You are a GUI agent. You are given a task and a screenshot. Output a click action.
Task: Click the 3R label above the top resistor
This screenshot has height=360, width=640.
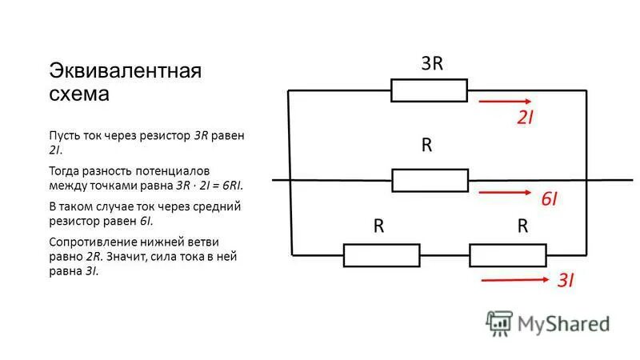pos(432,64)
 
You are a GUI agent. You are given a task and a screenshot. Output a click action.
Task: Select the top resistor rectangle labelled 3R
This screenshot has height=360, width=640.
pos(429,90)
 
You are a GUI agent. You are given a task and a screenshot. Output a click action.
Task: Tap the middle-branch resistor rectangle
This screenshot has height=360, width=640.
pos(430,180)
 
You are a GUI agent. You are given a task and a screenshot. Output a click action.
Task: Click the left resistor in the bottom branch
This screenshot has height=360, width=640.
pos(382,255)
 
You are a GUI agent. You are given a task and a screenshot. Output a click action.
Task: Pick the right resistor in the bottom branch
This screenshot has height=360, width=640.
pos(508,255)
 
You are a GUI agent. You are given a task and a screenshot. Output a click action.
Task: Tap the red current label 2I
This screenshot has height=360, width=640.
pos(525,118)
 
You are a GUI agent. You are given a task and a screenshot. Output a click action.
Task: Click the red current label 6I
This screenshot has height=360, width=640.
pos(549,199)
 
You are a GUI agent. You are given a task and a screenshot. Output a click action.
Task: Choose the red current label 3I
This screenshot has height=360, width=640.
pos(566,280)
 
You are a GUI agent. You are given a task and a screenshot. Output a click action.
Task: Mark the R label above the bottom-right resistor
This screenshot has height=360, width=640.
pos(522,226)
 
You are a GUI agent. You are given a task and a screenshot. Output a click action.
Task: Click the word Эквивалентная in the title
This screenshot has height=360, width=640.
pos(126,70)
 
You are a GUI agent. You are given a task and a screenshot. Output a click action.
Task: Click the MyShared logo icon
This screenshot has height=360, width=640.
pos(499,322)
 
